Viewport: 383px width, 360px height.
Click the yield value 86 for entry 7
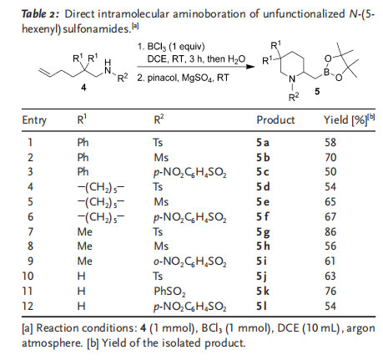[x=330, y=231]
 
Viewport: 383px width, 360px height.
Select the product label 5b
[x=263, y=158]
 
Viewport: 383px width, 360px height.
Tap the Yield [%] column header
[x=349, y=120]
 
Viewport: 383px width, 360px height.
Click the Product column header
[x=275, y=120]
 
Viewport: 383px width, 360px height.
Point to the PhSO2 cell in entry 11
[x=169, y=292]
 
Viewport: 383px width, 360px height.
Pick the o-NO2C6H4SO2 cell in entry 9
[x=190, y=261]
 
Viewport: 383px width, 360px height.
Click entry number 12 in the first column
[x=28, y=307]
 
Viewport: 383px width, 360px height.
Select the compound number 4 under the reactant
[x=83, y=88]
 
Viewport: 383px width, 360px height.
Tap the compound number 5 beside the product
[x=317, y=91]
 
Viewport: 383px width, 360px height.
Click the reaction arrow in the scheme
[x=195, y=67]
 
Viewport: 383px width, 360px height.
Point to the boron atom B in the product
[x=326, y=72]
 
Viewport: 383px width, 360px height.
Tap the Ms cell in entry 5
[x=161, y=201]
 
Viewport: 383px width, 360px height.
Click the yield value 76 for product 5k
[x=330, y=292]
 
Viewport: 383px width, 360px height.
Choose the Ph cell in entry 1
[x=83, y=143]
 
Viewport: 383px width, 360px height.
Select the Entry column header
[x=34, y=120]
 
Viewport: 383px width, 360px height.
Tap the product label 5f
[x=262, y=216]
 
